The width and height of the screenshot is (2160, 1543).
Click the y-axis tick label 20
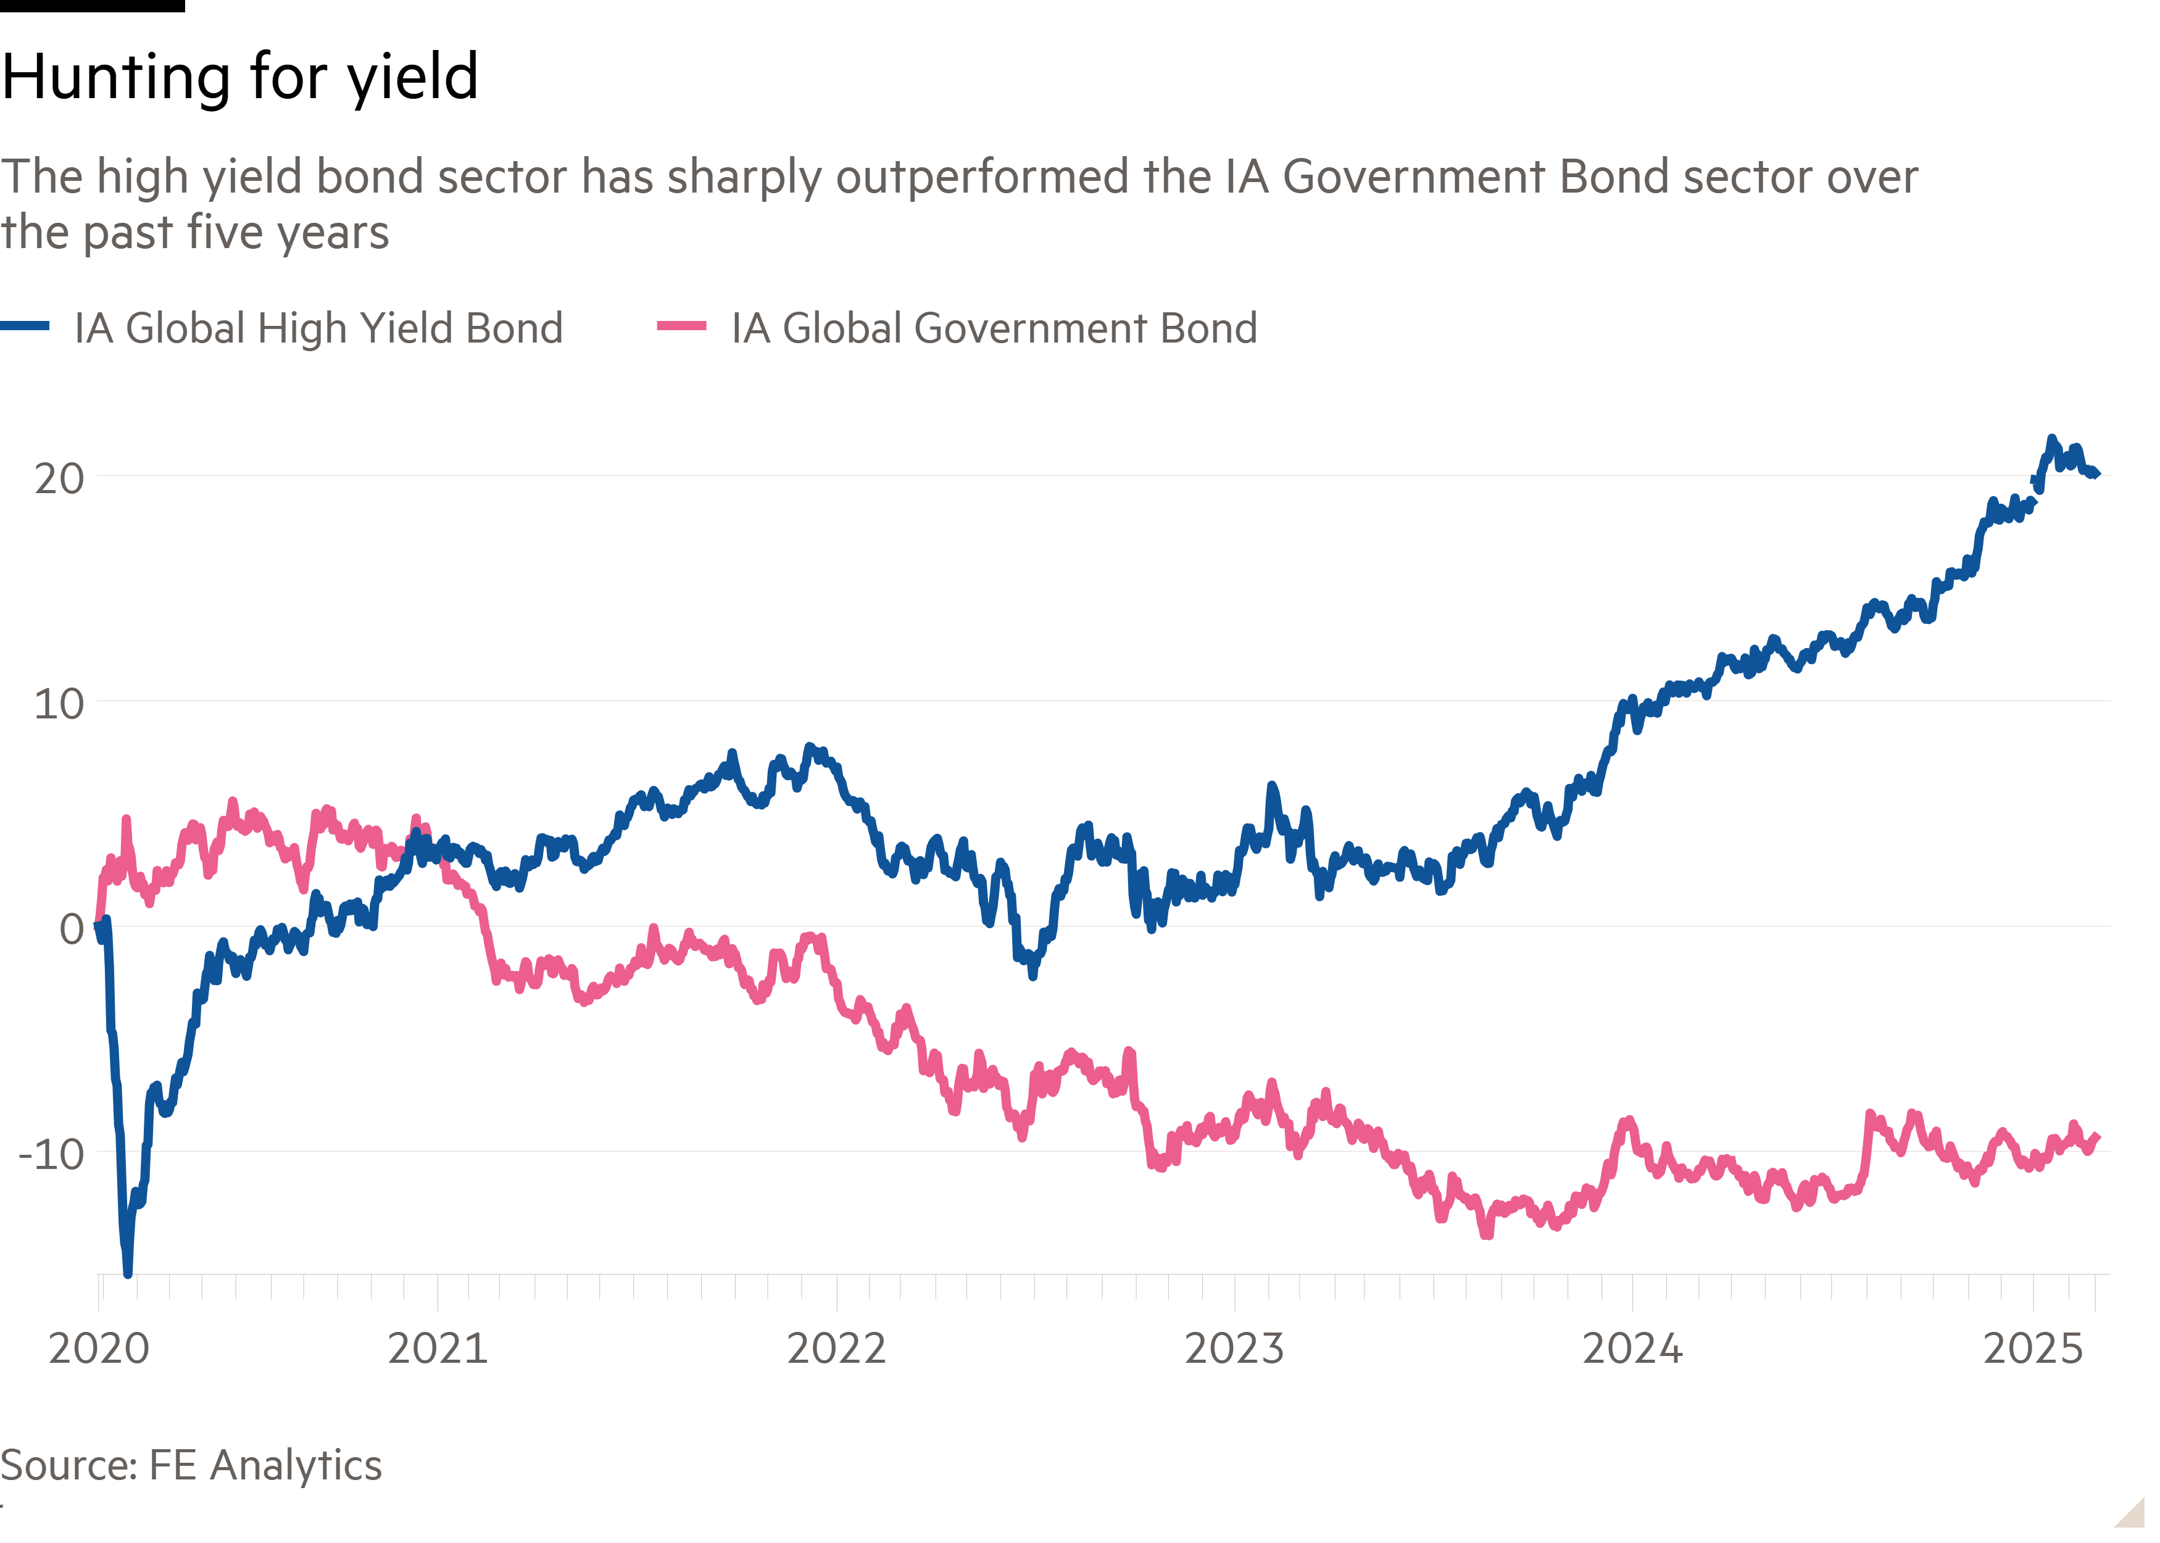tap(59, 478)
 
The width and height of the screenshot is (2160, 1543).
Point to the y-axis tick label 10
tap(59, 704)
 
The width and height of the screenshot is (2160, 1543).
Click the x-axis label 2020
tap(99, 1348)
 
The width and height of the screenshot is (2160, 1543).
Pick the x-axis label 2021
tap(438, 1348)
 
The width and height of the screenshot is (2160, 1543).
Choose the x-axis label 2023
tap(1234, 1348)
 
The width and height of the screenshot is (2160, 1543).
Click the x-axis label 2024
tap(1632, 1348)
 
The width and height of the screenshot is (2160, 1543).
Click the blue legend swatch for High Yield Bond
tap(25, 326)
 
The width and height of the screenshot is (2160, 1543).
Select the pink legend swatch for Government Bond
tap(681, 326)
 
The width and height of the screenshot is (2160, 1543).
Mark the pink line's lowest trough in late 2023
tap(1487, 1235)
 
